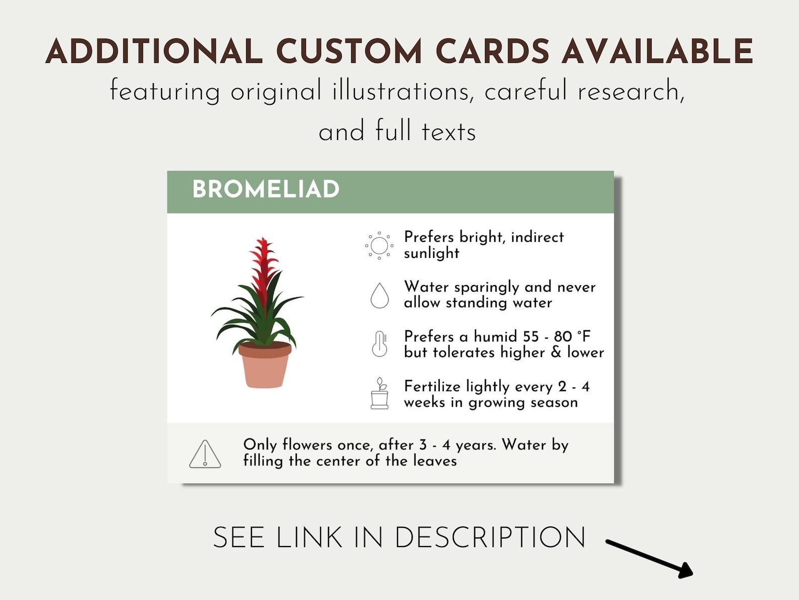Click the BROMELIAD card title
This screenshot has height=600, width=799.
(266, 190)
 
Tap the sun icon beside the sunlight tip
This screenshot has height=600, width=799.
(379, 246)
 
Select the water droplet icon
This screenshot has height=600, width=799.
(380, 295)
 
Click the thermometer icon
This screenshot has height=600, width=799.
(380, 344)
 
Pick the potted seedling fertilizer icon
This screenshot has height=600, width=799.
(380, 393)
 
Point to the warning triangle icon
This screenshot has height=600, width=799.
(205, 454)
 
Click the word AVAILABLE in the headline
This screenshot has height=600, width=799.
(657, 52)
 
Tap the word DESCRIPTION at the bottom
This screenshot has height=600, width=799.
(490, 538)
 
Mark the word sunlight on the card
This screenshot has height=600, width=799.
(432, 253)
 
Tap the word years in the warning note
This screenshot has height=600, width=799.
(475, 445)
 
